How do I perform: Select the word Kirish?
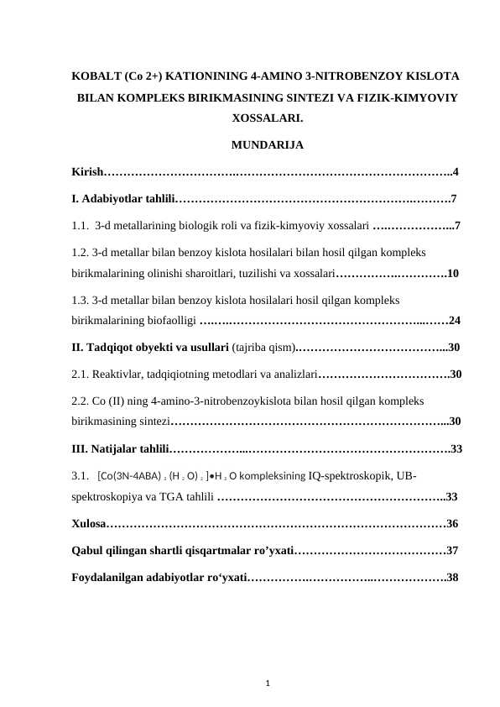[86, 172]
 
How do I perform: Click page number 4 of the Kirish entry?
[455, 172]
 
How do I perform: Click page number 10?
[453, 273]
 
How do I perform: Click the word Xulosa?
[89, 524]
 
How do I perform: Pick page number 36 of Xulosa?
[453, 524]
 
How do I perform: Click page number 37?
[453, 551]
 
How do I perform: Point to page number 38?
[453, 578]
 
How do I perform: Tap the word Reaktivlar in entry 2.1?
[118, 374]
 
